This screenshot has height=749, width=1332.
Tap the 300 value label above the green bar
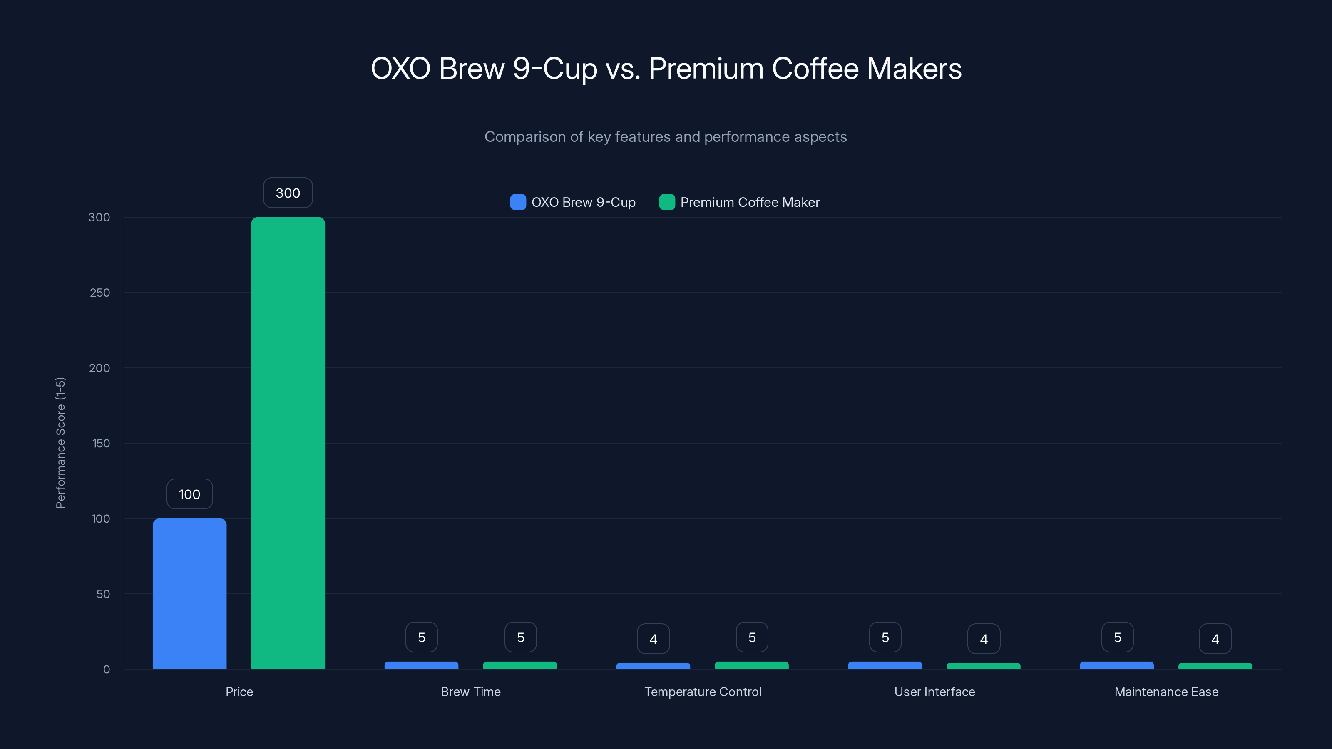pos(288,193)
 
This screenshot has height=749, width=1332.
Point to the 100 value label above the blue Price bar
pos(189,494)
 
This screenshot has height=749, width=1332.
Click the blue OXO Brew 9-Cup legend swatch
pos(517,202)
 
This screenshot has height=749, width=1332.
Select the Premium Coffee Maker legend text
pos(749,202)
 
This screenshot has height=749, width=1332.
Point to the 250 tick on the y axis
pos(100,293)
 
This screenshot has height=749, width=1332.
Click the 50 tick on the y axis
pos(103,594)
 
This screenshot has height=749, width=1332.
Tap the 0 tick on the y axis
pos(107,670)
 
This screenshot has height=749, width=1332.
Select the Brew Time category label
pos(470,692)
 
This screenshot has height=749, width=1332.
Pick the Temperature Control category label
pos(703,692)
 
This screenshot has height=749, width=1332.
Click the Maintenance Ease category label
pos(1166,692)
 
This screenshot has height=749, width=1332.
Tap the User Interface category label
pos(934,692)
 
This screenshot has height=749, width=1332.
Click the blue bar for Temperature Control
pos(653,666)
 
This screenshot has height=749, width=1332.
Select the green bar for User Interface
pos(984,666)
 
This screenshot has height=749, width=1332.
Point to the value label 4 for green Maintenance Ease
pos(1215,639)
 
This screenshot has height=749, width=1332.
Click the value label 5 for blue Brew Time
pos(421,637)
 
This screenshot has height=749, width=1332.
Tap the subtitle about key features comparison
pos(666,137)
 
